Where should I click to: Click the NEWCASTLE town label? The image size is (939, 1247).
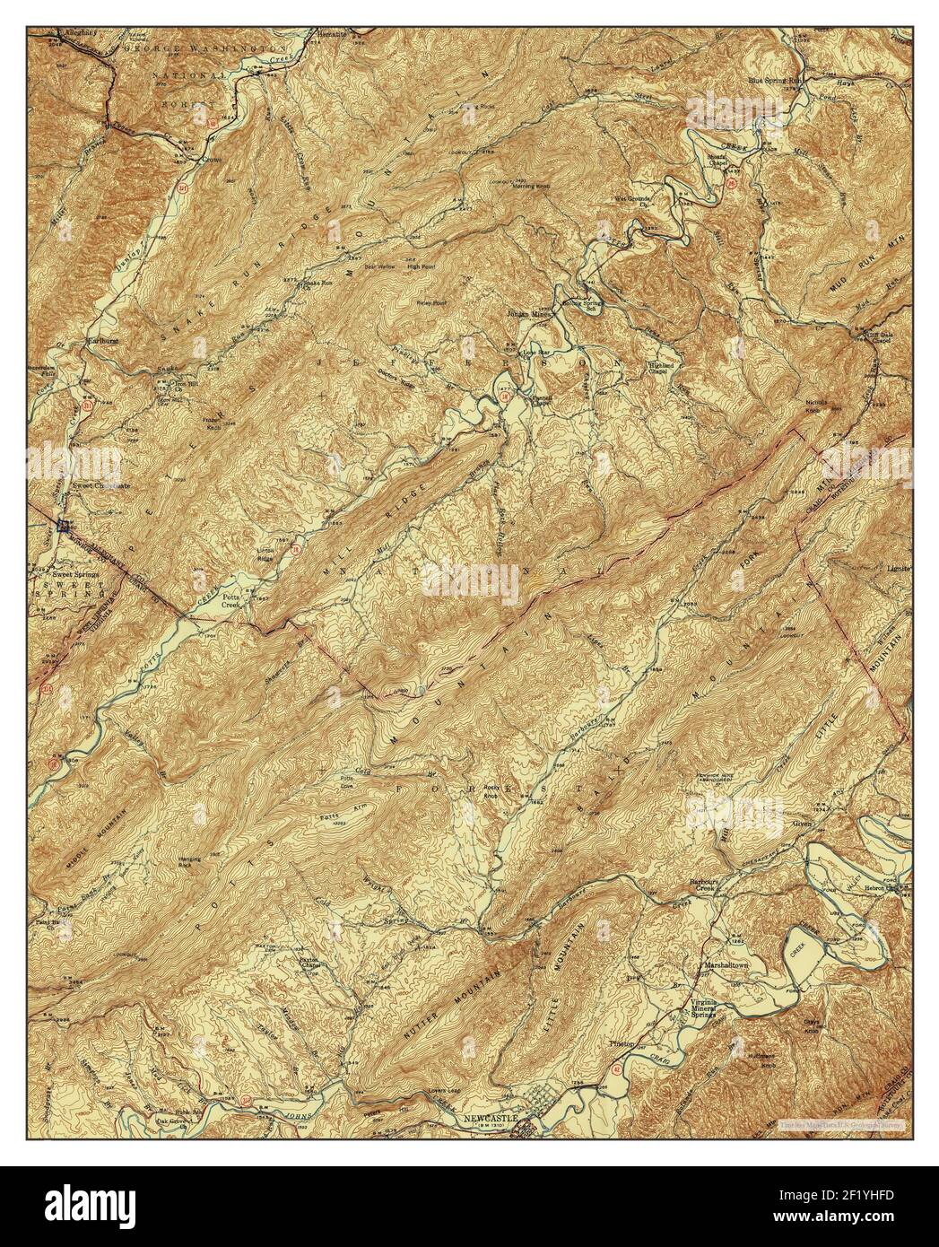[x=491, y=1119]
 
